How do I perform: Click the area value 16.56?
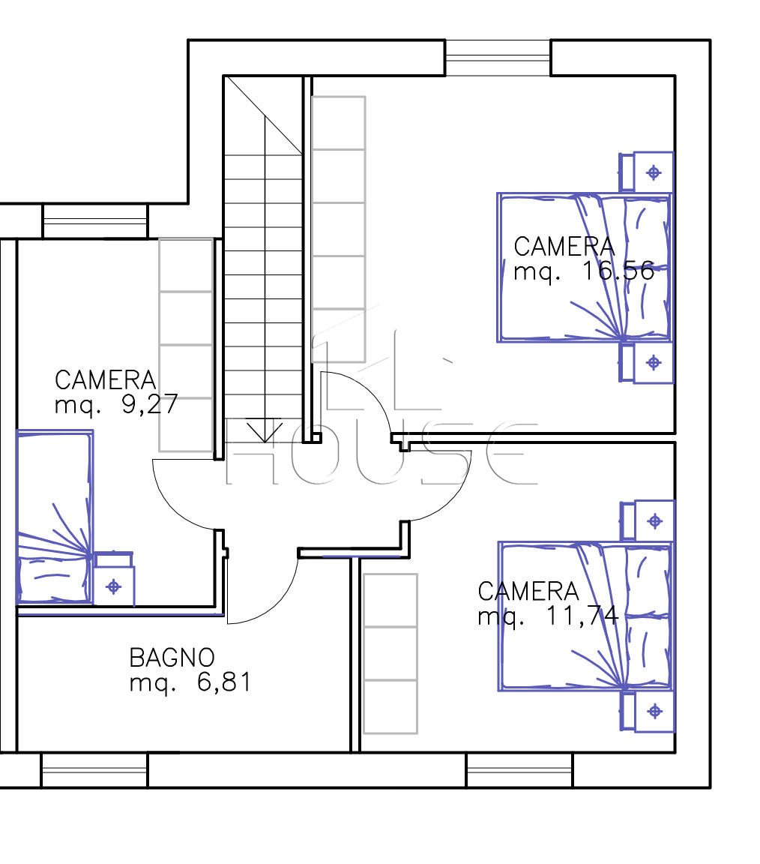pos(618,271)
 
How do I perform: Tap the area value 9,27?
pos(150,404)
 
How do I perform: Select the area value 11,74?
pos(582,616)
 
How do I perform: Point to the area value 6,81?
pos(223,682)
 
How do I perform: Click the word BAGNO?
pos(172,657)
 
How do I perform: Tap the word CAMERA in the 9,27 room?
pos(105,380)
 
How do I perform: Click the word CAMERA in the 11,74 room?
pos(528,591)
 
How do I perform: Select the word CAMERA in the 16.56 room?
pos(564,246)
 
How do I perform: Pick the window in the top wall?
pos(498,57)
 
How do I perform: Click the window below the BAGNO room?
pos(94,769)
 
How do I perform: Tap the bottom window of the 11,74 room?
pos(519,769)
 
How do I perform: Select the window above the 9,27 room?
pos(96,221)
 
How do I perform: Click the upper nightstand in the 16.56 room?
pos(647,172)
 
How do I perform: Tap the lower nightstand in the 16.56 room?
pos(647,362)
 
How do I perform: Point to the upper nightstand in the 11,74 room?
pos(648,520)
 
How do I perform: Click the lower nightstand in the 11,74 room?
pos(648,711)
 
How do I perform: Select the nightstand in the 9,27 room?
pos(114,578)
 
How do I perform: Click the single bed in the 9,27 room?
pos(55,517)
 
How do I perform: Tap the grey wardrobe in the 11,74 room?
pos(390,653)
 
